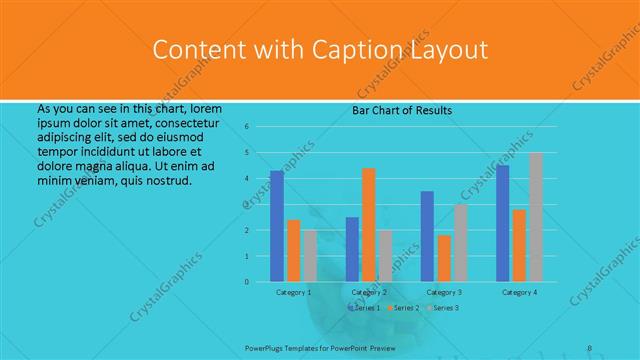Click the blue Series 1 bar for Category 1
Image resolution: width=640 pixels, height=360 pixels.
276,226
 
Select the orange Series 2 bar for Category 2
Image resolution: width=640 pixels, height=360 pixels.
369,225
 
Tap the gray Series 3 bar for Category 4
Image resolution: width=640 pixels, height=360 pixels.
536,217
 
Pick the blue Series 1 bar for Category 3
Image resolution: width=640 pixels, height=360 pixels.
427,236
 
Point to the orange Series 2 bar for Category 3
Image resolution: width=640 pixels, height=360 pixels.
444,258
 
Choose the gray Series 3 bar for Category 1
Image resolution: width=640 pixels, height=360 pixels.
310,256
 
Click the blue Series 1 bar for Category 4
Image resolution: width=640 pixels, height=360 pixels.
502,223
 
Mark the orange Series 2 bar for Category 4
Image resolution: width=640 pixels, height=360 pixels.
519,245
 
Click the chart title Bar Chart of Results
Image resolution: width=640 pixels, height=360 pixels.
401,110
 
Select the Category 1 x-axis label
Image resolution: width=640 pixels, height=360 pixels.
293,292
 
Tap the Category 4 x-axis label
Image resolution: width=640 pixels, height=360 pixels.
519,292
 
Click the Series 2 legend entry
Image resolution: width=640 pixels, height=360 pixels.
404,308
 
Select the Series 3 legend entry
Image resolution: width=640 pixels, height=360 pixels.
444,308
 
